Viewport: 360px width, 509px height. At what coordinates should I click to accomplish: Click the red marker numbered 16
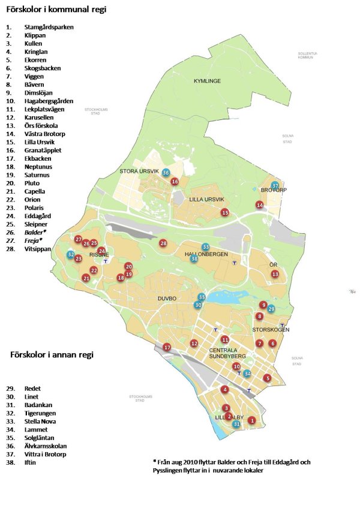click(x=175, y=181)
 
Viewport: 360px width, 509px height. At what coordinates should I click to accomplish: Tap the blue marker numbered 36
click(x=166, y=173)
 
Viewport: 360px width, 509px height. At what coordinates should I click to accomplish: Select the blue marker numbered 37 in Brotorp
click(x=275, y=186)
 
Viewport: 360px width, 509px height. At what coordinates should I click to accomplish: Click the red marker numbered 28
click(x=163, y=243)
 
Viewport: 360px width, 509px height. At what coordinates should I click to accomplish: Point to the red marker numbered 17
click(x=167, y=347)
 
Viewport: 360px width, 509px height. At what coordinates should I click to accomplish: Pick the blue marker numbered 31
click(x=237, y=424)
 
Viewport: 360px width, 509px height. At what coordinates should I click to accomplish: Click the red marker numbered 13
click(x=275, y=274)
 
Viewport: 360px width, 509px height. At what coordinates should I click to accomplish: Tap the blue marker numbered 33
click(x=206, y=247)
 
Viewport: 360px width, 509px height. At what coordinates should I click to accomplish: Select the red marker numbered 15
click(x=225, y=213)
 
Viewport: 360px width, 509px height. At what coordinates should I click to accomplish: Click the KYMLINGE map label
click(x=208, y=81)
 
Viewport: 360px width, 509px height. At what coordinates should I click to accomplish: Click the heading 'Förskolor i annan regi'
click(x=52, y=355)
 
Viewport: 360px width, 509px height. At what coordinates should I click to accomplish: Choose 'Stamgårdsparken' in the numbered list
click(x=49, y=28)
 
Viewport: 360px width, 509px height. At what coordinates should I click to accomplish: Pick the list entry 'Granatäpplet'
click(x=43, y=150)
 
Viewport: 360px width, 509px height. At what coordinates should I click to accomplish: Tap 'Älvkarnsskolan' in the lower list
click(x=46, y=446)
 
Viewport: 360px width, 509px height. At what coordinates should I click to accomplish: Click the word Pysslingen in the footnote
click(x=173, y=471)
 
